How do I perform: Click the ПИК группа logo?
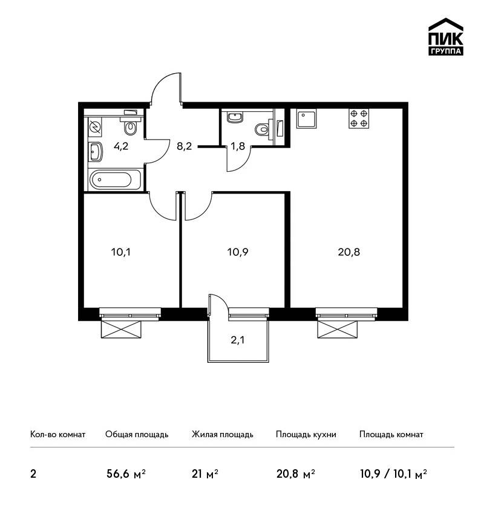click(x=446, y=36)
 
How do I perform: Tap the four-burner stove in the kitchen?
click(x=359, y=119)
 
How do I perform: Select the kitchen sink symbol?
click(x=306, y=119)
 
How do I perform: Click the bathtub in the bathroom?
click(x=115, y=180)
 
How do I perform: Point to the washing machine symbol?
click(x=95, y=127)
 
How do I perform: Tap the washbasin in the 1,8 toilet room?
click(x=235, y=117)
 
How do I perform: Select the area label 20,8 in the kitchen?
click(x=349, y=252)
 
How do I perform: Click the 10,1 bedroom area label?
click(x=120, y=252)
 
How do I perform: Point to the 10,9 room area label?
click(x=238, y=252)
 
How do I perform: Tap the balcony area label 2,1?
click(x=238, y=340)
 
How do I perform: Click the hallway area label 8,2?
click(x=184, y=146)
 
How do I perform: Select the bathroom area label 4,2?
click(x=121, y=146)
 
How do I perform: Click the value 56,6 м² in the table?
click(x=126, y=473)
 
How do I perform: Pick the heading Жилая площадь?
click(x=222, y=434)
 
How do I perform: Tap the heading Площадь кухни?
click(x=306, y=435)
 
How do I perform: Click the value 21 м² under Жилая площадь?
click(x=205, y=473)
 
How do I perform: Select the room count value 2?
click(x=33, y=474)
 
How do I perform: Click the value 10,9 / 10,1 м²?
click(x=393, y=474)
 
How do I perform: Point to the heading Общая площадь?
click(x=137, y=435)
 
